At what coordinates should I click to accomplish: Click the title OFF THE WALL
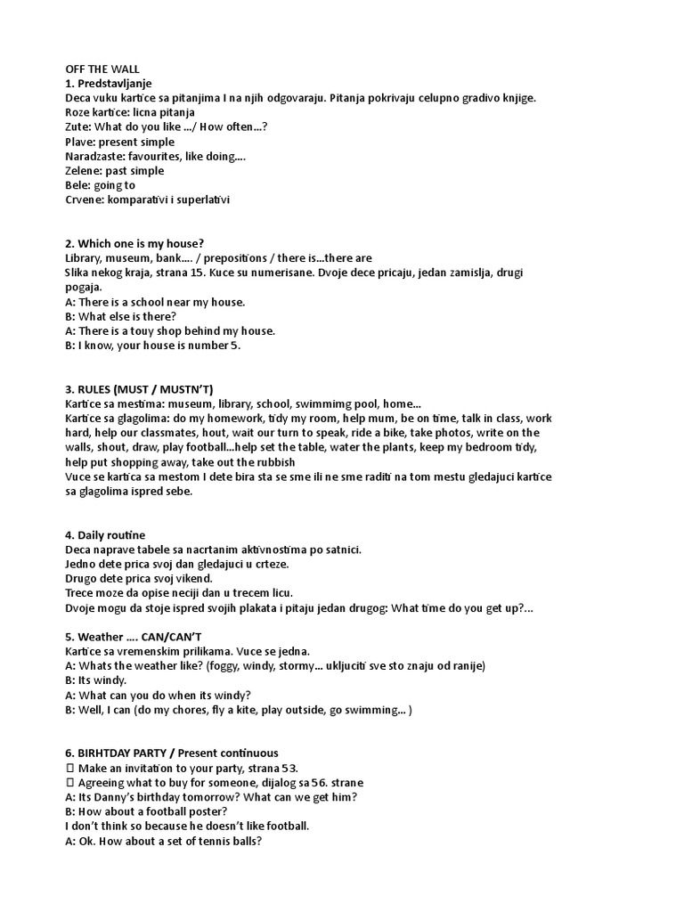click(x=102, y=69)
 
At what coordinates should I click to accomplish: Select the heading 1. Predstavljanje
click(x=109, y=83)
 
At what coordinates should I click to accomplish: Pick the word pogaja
click(x=84, y=288)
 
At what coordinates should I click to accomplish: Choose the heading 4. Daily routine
click(x=105, y=535)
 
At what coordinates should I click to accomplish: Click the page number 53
click(x=289, y=768)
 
